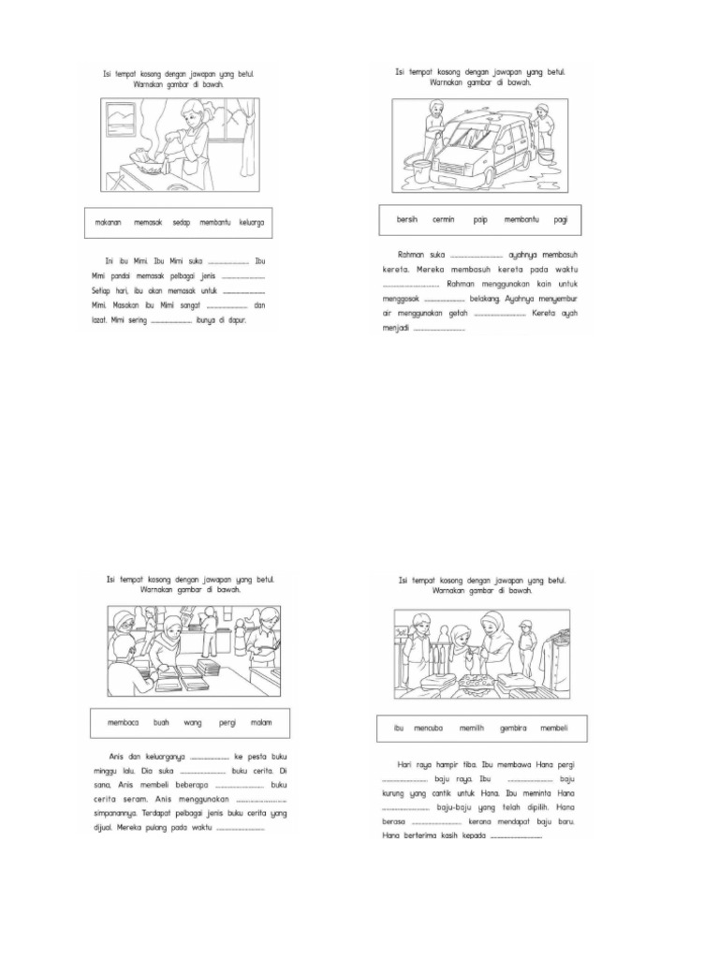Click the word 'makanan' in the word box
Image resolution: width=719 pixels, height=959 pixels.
[110, 224]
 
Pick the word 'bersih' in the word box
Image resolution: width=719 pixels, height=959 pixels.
[407, 219]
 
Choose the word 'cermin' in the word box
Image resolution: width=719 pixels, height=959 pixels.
[443, 219]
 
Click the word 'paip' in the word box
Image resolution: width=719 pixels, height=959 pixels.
[480, 219]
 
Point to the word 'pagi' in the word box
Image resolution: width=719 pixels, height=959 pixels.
[561, 219]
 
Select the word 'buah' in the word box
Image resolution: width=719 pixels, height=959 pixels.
[162, 724]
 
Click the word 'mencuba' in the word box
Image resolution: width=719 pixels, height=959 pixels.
[433, 728]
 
